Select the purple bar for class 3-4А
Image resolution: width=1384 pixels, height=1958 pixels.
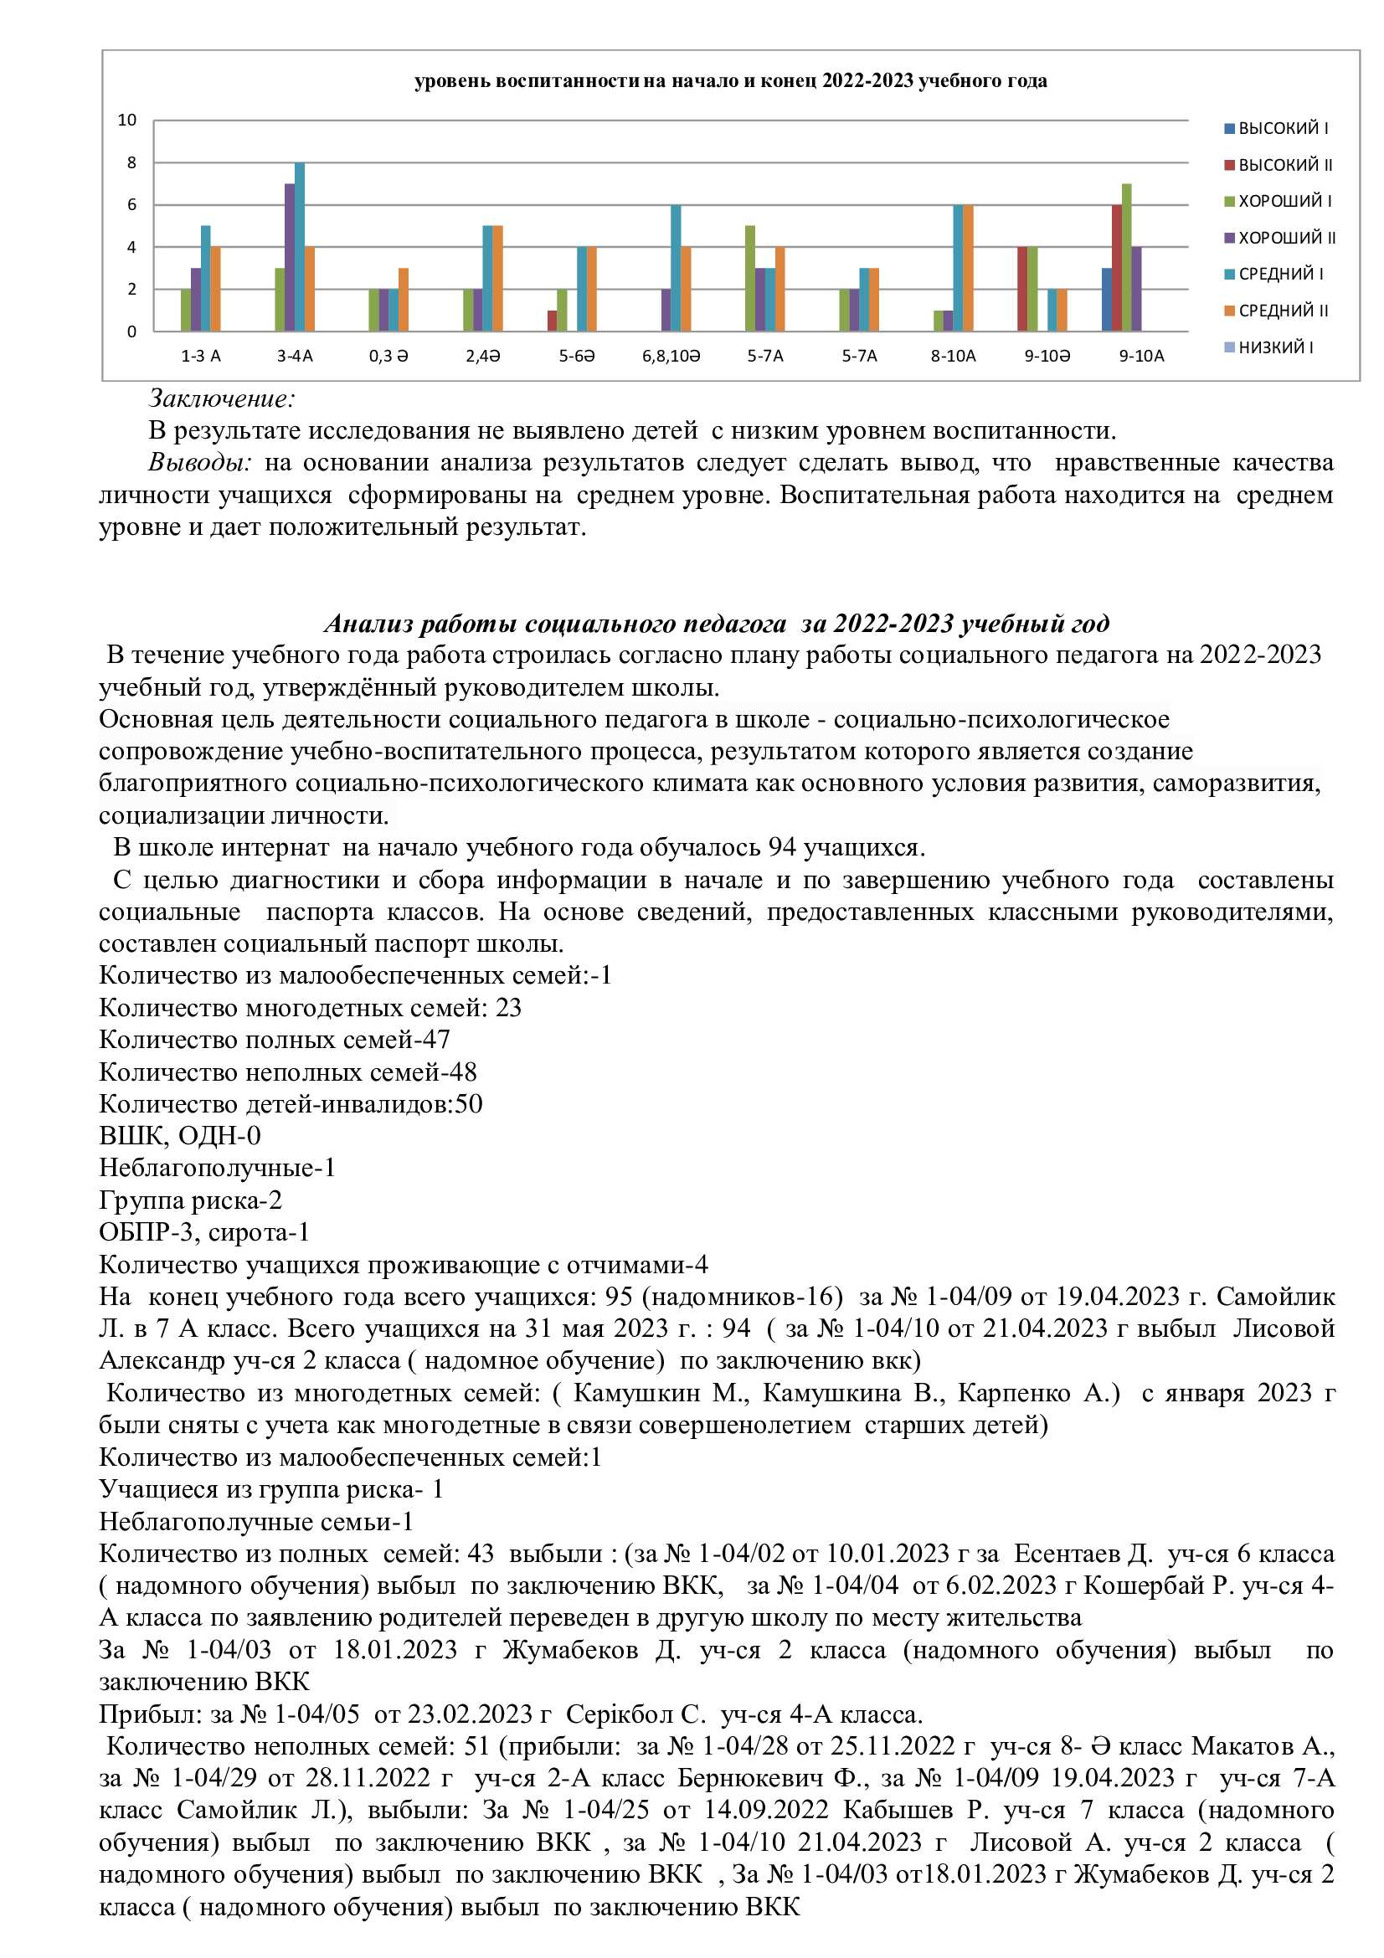(x=290, y=257)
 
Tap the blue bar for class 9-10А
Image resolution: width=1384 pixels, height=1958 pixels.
(x=1106, y=300)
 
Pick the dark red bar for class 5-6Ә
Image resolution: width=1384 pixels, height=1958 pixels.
(x=553, y=321)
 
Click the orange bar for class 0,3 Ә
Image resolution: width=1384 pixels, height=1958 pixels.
(x=404, y=300)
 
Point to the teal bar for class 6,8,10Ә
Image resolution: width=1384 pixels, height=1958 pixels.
(x=676, y=268)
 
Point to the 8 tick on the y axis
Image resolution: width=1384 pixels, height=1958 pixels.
(x=131, y=163)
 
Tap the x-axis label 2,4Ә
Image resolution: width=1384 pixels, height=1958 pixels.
(x=482, y=357)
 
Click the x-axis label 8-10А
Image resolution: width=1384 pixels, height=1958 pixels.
(x=954, y=357)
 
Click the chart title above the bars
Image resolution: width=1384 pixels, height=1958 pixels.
(x=730, y=81)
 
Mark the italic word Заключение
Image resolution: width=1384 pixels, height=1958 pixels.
(x=222, y=398)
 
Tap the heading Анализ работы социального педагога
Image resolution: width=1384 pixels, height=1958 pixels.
(x=554, y=624)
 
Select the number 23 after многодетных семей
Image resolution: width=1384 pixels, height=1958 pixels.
(x=508, y=1008)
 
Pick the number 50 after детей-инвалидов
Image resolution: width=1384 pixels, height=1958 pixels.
(x=469, y=1104)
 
